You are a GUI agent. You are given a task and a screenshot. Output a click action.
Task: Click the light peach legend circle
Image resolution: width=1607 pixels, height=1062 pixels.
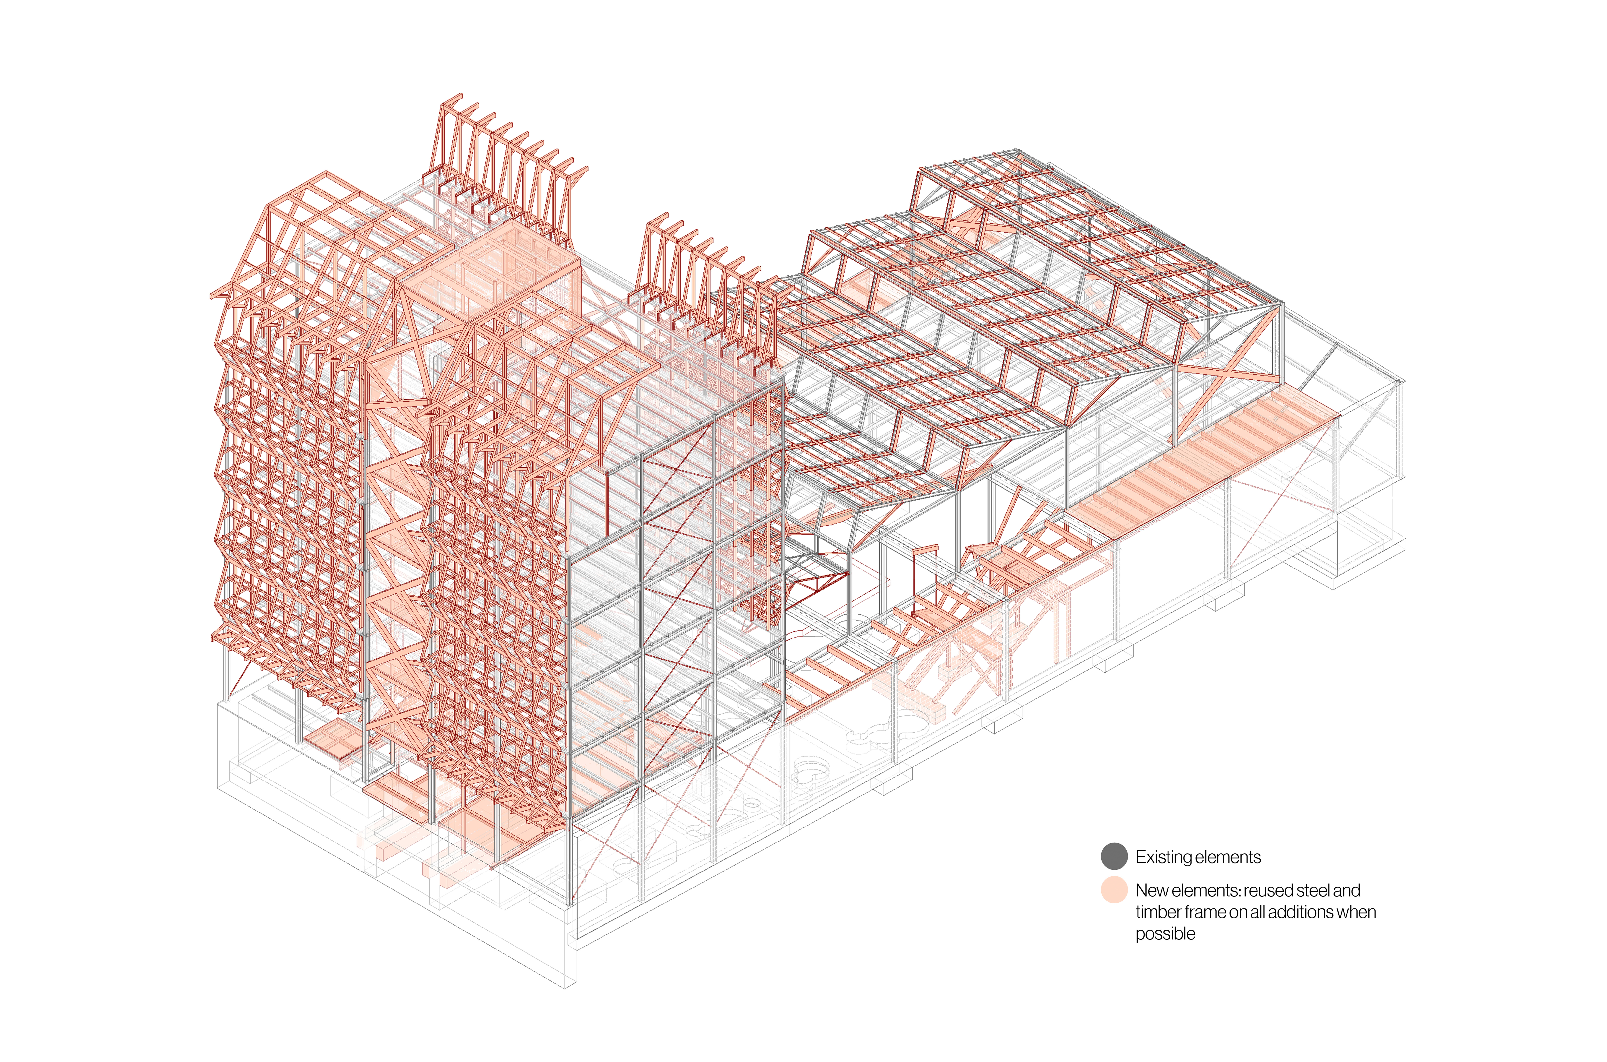pos(1113,889)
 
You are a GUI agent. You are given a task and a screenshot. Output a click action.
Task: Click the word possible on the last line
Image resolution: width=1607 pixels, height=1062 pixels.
pos(1165,934)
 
